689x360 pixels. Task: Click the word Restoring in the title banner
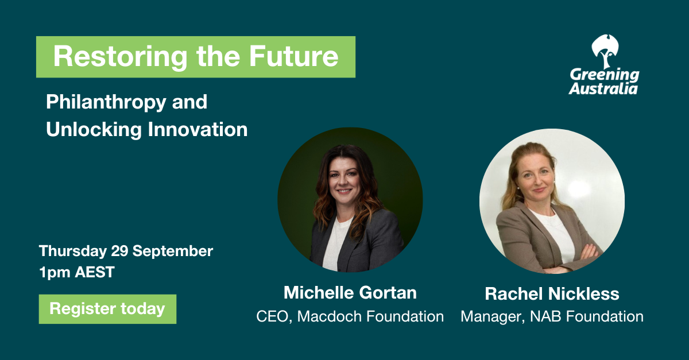[120, 57]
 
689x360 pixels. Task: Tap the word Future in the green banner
[294, 56]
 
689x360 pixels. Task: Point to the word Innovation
[198, 129]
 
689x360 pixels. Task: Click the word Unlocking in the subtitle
[94, 130]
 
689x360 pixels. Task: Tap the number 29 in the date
[119, 251]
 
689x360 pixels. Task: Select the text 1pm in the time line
[55, 273]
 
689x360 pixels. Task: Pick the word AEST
[95, 272]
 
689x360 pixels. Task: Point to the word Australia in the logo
[603, 88]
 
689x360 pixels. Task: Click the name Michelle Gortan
[350, 292]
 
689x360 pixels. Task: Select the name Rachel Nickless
[552, 293]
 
